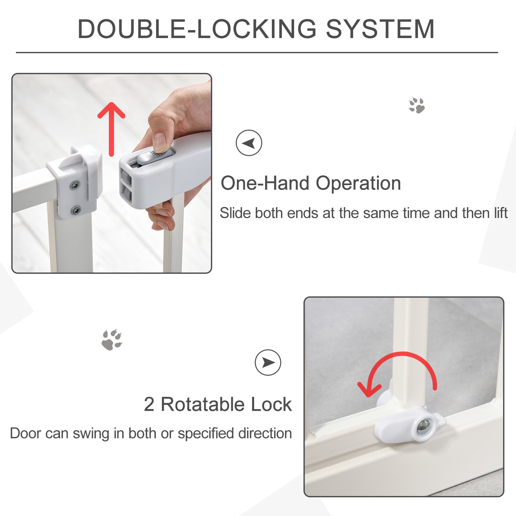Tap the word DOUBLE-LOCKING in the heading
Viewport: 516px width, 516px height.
click(197, 29)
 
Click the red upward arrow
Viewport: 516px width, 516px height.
click(111, 129)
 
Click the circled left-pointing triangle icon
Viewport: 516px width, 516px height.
click(249, 143)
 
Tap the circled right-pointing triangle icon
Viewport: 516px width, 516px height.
click(268, 362)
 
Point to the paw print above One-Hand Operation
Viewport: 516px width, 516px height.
click(417, 105)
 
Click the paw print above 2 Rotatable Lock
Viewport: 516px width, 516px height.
click(112, 340)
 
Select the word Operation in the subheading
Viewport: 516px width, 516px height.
click(358, 184)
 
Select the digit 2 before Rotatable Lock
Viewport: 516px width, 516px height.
click(149, 404)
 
